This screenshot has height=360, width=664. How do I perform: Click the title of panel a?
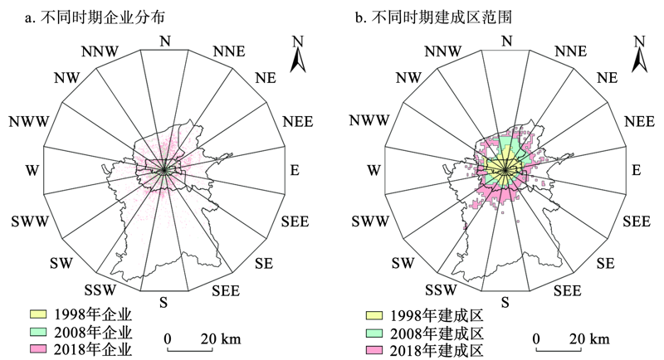tap(95, 17)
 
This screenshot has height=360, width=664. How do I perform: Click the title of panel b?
tap(433, 17)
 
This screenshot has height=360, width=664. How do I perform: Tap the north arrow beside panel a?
tap(298, 54)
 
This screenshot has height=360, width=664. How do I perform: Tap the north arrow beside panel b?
tap(639, 54)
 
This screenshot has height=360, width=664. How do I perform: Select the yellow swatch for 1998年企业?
tap(38, 314)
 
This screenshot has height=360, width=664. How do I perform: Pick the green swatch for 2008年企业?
tap(38, 332)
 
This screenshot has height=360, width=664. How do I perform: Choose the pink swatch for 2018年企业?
tap(38, 349)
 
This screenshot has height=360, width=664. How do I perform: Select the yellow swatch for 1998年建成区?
tap(374, 315)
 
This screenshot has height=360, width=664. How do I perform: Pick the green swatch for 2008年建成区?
tap(374, 333)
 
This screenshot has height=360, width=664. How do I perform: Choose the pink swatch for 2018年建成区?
tap(374, 350)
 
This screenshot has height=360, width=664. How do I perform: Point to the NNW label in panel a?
tap(100, 51)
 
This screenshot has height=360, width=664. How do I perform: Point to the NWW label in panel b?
tap(369, 120)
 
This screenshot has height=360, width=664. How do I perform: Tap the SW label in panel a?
tap(61, 263)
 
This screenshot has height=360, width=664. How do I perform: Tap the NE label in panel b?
tap(608, 78)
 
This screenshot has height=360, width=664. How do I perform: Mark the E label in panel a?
tap(295, 170)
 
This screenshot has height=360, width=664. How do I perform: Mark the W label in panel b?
tap(373, 170)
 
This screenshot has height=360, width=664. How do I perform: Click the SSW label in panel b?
tap(442, 290)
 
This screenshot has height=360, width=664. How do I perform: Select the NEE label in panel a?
tap(298, 122)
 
